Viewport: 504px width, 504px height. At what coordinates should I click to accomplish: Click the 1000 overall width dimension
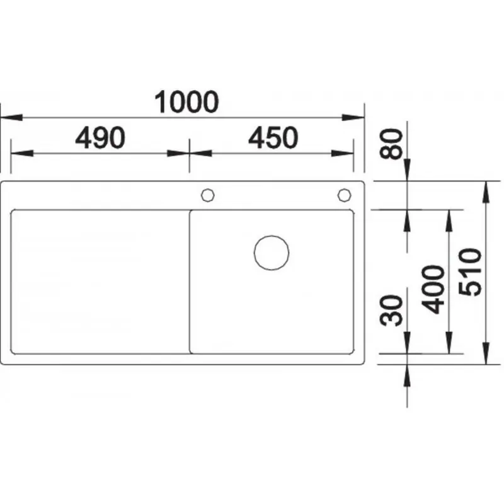tap(186, 102)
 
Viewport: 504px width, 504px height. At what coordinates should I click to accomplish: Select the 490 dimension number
tap(100, 137)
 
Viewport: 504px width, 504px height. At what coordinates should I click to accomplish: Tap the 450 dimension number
tap(273, 137)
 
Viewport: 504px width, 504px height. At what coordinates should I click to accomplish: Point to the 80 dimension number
tap(391, 144)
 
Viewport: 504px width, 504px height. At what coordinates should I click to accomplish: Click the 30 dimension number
tap(391, 310)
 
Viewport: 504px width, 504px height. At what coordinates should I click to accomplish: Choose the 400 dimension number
tap(433, 289)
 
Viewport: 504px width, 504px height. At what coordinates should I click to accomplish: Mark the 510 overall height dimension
tap(470, 272)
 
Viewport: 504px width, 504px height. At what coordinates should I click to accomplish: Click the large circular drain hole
tap(272, 253)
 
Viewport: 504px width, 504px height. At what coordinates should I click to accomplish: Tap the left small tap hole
tap(208, 195)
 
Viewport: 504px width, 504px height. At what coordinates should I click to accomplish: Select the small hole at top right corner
tap(344, 195)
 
